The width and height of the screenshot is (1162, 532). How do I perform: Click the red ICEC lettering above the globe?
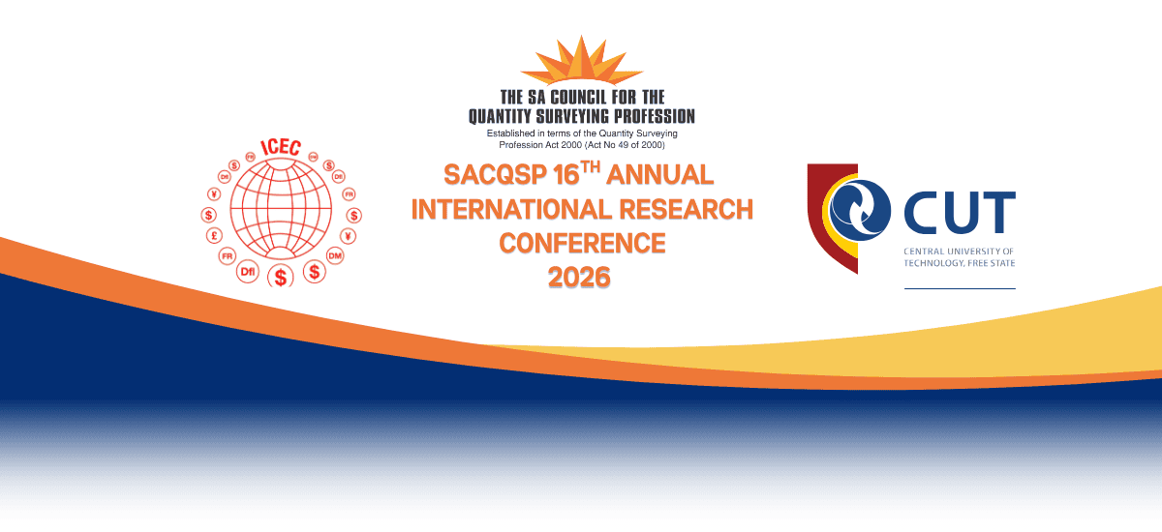281,147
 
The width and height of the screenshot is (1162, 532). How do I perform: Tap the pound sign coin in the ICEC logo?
214,236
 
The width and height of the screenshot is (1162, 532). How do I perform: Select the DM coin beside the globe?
335,256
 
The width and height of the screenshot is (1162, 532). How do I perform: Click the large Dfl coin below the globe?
248,272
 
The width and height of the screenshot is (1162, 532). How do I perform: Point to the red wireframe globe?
281,209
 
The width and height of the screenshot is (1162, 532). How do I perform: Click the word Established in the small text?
510,133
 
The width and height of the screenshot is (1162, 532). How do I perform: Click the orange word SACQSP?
495,174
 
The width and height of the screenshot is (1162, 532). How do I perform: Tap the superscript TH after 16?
591,167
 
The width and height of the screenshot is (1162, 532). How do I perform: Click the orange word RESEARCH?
686,209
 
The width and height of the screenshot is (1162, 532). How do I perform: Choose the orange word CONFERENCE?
582,244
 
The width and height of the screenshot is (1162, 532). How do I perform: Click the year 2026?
579,278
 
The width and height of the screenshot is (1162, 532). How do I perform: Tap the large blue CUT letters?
960,213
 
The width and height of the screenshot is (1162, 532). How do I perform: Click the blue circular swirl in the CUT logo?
860,210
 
